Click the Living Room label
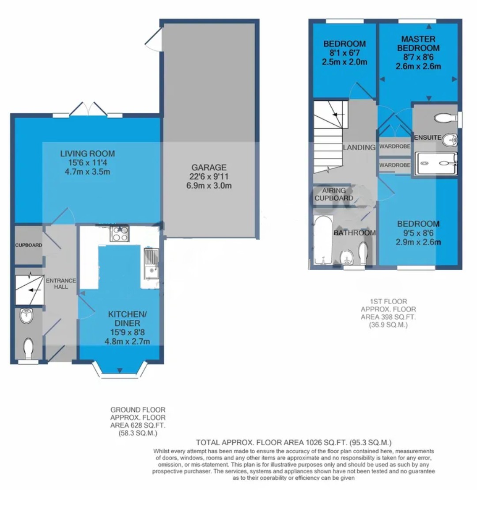(x=87, y=153)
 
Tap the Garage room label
(x=209, y=168)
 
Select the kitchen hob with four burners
(x=120, y=233)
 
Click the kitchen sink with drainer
(x=151, y=264)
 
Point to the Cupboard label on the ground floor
(x=29, y=245)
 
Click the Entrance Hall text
(x=61, y=284)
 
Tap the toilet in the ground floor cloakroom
(x=29, y=348)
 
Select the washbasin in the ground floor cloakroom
(x=26, y=316)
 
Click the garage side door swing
(x=153, y=39)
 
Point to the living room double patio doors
(x=88, y=109)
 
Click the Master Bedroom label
(x=418, y=43)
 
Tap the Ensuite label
(x=428, y=138)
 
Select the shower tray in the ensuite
(x=436, y=164)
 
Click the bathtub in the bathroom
(x=322, y=240)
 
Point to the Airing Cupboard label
(x=334, y=194)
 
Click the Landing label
(x=359, y=148)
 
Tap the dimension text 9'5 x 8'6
(x=418, y=233)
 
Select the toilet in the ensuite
(x=446, y=118)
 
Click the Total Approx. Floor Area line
(x=294, y=443)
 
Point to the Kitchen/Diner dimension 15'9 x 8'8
(x=127, y=333)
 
